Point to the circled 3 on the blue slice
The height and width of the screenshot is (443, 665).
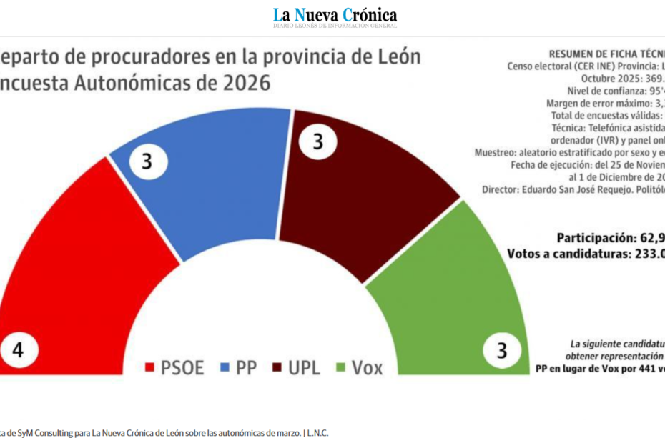147,161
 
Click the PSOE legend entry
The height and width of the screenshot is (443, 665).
174,368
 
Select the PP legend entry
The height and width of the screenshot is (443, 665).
239,368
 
